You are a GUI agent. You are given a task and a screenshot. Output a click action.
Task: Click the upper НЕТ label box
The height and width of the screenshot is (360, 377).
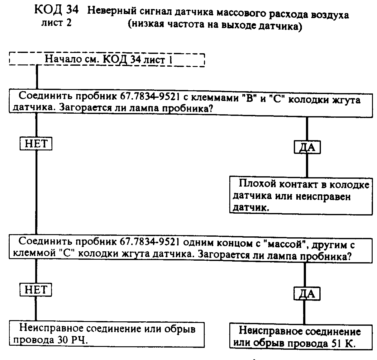click(36, 144)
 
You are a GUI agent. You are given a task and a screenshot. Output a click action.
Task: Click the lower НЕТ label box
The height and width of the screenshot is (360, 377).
click(36, 290)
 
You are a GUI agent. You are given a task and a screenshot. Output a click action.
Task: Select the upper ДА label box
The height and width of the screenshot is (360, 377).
click(307, 147)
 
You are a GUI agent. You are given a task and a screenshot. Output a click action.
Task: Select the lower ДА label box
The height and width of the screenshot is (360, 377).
click(307, 293)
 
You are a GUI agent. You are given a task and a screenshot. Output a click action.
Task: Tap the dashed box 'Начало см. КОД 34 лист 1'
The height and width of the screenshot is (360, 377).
click(107, 59)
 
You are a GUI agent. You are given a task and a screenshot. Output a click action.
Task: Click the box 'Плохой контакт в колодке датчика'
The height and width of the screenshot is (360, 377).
click(301, 195)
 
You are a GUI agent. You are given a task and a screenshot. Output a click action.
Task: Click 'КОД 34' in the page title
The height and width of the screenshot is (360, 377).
click(56, 11)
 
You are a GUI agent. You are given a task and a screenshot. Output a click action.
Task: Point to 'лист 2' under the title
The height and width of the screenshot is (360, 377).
click(56, 23)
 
